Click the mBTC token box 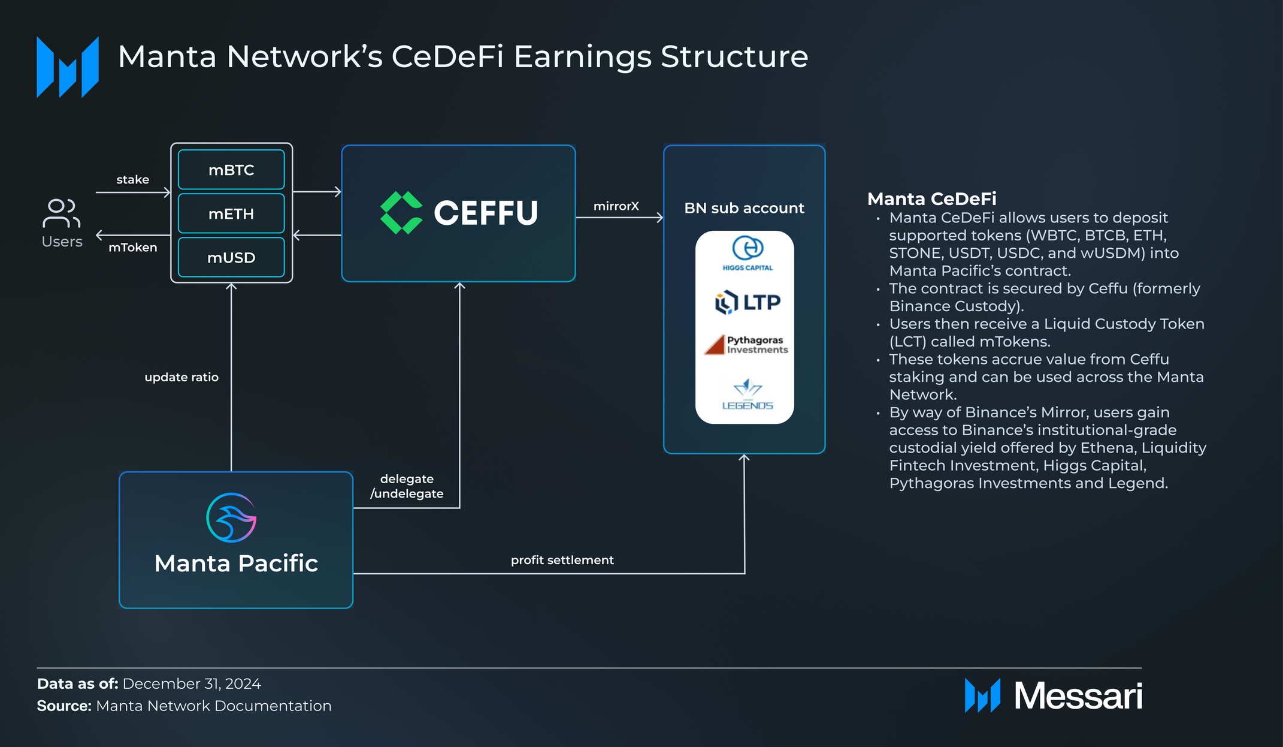231,170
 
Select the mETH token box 231,213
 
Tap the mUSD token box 231,257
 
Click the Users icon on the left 62,213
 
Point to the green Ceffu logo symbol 401,213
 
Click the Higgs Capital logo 748,254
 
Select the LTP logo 748,302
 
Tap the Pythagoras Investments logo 746,345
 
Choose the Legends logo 748,394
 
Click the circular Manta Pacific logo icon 231,517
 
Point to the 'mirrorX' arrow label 616,206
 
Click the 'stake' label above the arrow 133,179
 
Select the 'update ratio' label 181,377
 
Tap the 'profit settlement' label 562,560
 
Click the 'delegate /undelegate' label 407,486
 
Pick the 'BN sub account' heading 745,208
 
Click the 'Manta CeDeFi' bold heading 932,198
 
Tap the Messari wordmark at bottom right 1078,696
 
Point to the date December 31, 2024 192,684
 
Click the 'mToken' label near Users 133,247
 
